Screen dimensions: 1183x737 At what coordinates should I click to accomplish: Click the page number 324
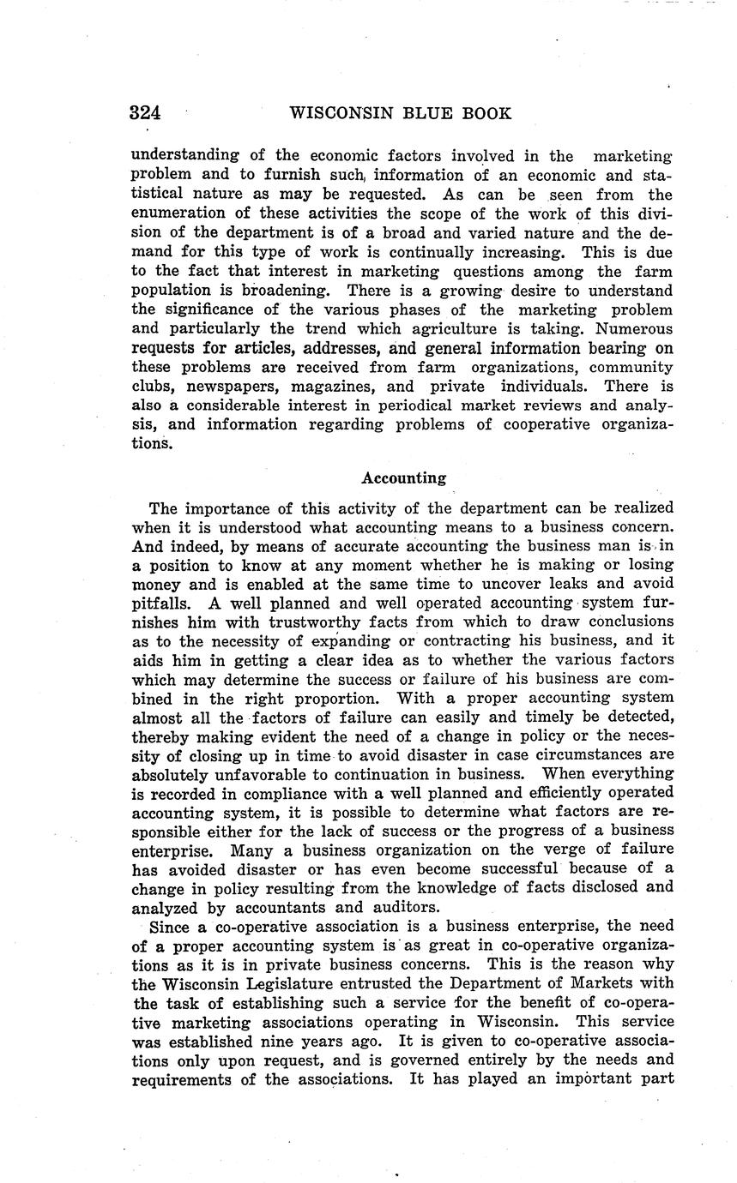click(x=146, y=113)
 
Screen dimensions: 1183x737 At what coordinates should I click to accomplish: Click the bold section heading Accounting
click(x=403, y=477)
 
